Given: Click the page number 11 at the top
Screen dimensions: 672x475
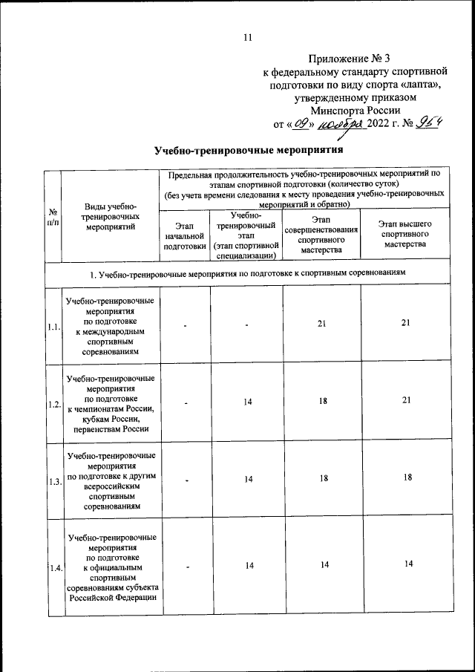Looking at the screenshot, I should coord(248,38).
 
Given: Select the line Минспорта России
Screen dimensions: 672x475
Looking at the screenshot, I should coord(349,111).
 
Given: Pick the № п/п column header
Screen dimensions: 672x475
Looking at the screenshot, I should coord(52,216).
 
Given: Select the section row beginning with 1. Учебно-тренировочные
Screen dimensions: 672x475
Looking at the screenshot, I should coord(248,274).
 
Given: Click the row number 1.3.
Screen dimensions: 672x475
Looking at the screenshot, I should coord(52,482).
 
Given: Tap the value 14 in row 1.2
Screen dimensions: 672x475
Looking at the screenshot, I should coord(248,402).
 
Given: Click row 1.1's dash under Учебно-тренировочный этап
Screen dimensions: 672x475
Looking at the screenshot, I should coord(248,325).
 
